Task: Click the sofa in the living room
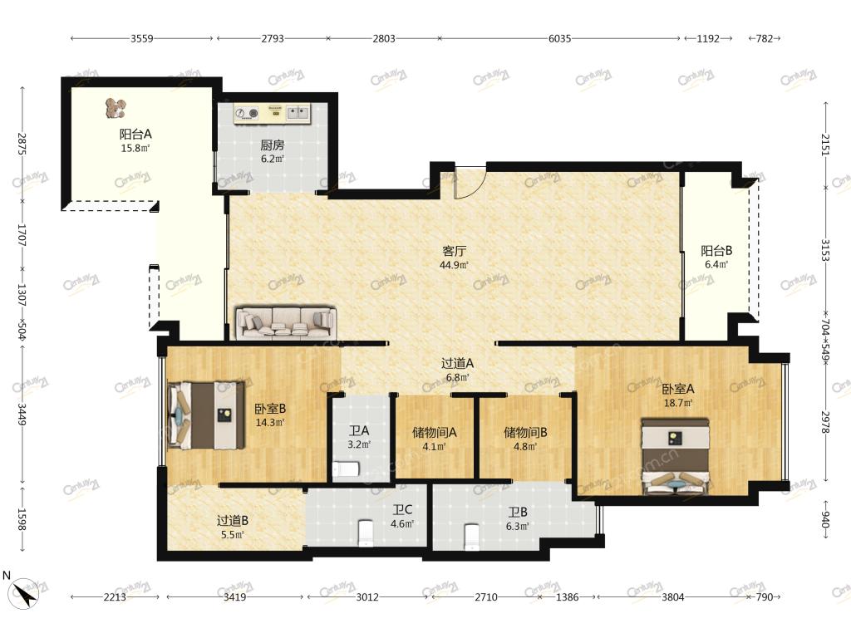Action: (286, 323)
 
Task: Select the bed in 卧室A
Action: (675, 455)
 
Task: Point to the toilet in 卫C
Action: (366, 532)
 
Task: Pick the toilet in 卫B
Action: (472, 536)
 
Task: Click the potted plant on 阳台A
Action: (116, 108)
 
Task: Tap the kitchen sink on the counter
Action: (298, 113)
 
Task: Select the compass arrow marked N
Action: (25, 592)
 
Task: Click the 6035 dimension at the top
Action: (559, 38)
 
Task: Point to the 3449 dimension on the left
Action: (22, 414)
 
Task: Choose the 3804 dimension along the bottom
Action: (673, 596)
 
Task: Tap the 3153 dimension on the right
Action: (825, 250)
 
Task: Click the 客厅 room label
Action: (455, 251)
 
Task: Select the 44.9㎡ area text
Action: (455, 265)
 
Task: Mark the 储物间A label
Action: (434, 432)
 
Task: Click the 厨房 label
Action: (273, 145)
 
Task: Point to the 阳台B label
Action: (716, 251)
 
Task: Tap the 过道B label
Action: (233, 520)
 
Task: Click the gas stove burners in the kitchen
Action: (246, 113)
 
